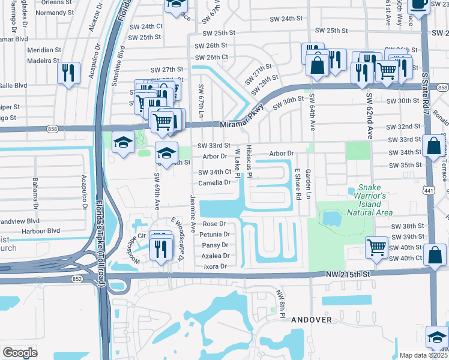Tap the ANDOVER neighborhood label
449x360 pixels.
coord(311,320)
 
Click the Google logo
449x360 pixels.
coord(20,352)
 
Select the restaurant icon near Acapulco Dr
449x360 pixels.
coord(68,73)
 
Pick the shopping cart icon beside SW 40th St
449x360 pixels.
coord(376,247)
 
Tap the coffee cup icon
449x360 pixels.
coord(418,4)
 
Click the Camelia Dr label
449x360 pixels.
coord(215,182)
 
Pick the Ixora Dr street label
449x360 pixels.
coord(215,266)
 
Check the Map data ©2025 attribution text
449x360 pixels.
coord(423,355)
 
